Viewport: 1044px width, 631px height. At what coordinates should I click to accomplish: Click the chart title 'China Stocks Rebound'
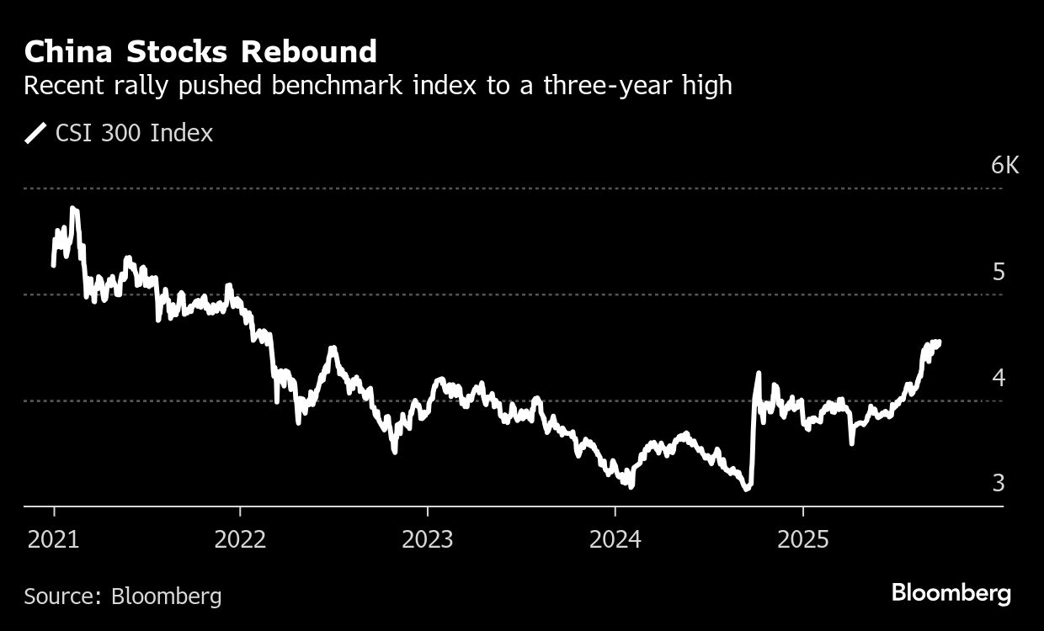pos(200,52)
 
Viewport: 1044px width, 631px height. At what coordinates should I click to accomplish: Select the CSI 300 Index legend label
pos(134,133)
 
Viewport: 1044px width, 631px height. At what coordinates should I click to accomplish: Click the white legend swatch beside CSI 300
pos(36,133)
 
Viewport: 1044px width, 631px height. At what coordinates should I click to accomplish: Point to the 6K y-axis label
pos(1004,165)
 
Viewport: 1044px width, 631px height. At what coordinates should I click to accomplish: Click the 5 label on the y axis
pos(999,272)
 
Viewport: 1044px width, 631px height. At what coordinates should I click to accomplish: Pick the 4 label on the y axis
pos(999,377)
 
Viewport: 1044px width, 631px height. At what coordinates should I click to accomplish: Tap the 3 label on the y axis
pos(999,483)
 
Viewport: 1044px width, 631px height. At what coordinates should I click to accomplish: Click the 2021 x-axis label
pos(54,538)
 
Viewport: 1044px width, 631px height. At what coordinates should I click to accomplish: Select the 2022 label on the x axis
pos(241,538)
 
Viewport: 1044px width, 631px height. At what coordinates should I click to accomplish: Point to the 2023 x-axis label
pos(428,538)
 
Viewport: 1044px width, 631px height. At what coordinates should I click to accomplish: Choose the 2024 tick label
pos(615,538)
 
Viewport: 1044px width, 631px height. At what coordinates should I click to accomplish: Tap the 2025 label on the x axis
pos(802,538)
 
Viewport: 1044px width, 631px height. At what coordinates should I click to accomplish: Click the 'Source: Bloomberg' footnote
pos(123,597)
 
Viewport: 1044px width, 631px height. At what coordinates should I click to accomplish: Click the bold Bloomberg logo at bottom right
pos(951,593)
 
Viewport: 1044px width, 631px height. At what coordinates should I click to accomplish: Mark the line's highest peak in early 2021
pos(74,208)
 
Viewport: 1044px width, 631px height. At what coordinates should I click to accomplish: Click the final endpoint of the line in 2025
pos(938,342)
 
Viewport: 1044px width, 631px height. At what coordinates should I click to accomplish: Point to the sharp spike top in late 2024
pos(759,373)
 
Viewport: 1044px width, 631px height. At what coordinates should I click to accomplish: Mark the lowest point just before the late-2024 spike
pos(746,488)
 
